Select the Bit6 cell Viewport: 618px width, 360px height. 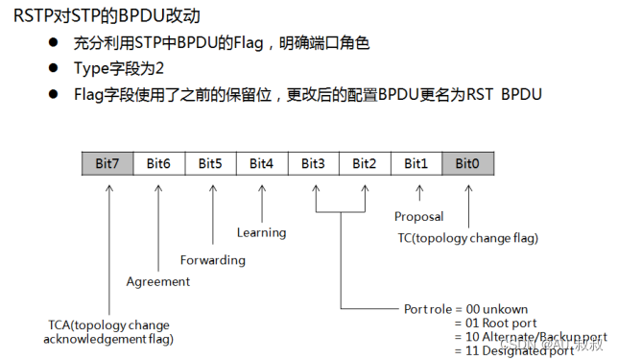(x=158, y=163)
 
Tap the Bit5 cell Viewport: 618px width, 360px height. (x=210, y=163)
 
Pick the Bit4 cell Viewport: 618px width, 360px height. (x=261, y=163)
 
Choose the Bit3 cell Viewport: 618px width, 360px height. (x=313, y=163)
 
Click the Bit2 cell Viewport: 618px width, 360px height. (x=365, y=163)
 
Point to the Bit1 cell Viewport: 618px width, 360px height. (x=416, y=163)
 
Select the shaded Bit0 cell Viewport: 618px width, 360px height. (x=467, y=163)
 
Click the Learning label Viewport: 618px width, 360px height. (x=262, y=231)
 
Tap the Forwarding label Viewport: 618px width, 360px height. (x=213, y=259)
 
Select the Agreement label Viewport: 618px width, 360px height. (x=158, y=281)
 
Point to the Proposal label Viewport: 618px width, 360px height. (x=418, y=217)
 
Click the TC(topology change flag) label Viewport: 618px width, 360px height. (x=467, y=237)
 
